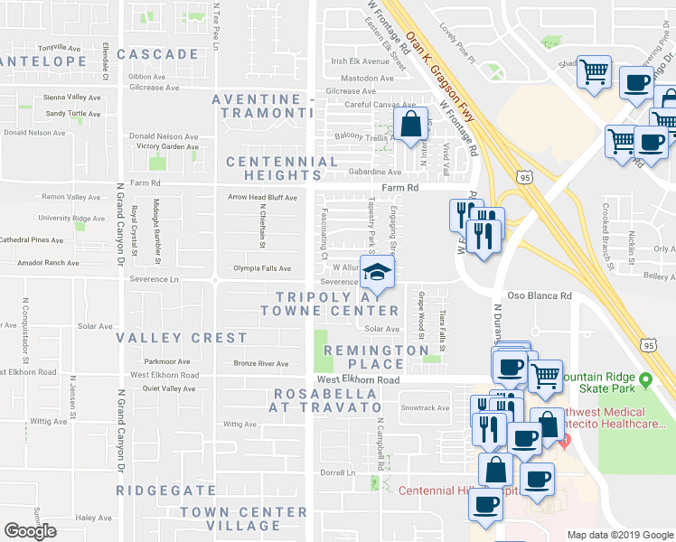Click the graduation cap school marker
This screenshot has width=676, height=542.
379,272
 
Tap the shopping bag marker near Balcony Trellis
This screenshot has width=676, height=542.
410,125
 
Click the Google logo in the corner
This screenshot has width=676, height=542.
30,531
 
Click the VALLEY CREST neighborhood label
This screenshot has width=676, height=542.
181,338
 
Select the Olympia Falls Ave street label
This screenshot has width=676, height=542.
262,268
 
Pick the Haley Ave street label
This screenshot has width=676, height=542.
92,518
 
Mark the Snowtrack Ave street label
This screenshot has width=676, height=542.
425,407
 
